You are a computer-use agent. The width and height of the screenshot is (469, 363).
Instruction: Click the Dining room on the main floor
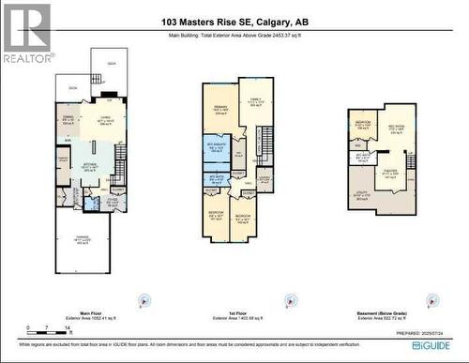(67, 121)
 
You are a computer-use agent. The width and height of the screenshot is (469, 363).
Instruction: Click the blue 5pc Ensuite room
(217, 147)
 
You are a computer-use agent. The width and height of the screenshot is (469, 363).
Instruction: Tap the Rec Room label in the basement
(397, 130)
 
